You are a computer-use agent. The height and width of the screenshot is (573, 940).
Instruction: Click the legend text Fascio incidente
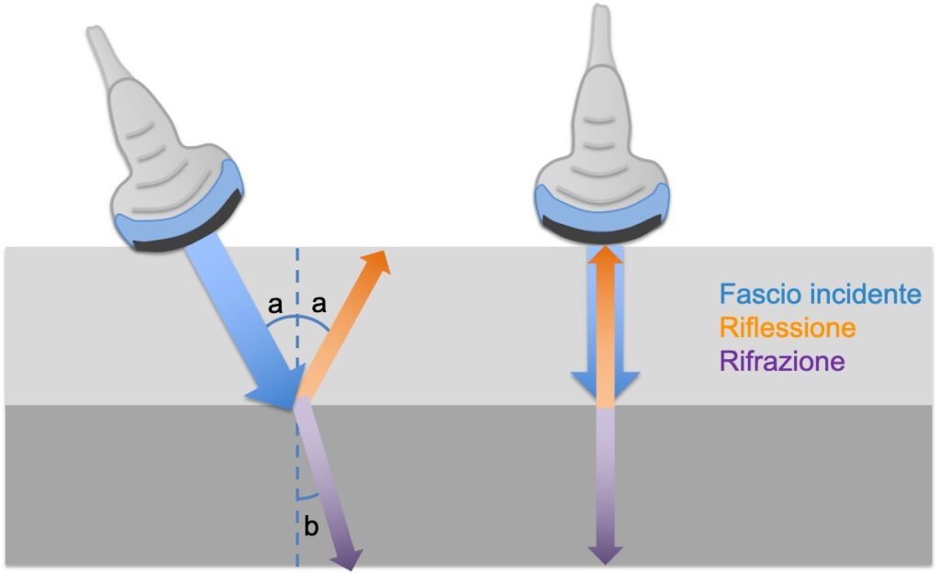820,294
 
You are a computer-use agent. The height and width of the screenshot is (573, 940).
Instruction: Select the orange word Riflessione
788,327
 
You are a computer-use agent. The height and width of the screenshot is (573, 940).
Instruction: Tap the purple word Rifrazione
782,360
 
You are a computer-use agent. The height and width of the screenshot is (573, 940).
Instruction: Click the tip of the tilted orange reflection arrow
381,255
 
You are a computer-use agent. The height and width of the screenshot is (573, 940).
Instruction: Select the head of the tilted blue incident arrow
274,392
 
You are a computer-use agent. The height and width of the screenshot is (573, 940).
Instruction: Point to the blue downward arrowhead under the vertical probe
605,386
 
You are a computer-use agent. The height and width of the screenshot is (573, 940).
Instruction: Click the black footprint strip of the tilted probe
188,219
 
